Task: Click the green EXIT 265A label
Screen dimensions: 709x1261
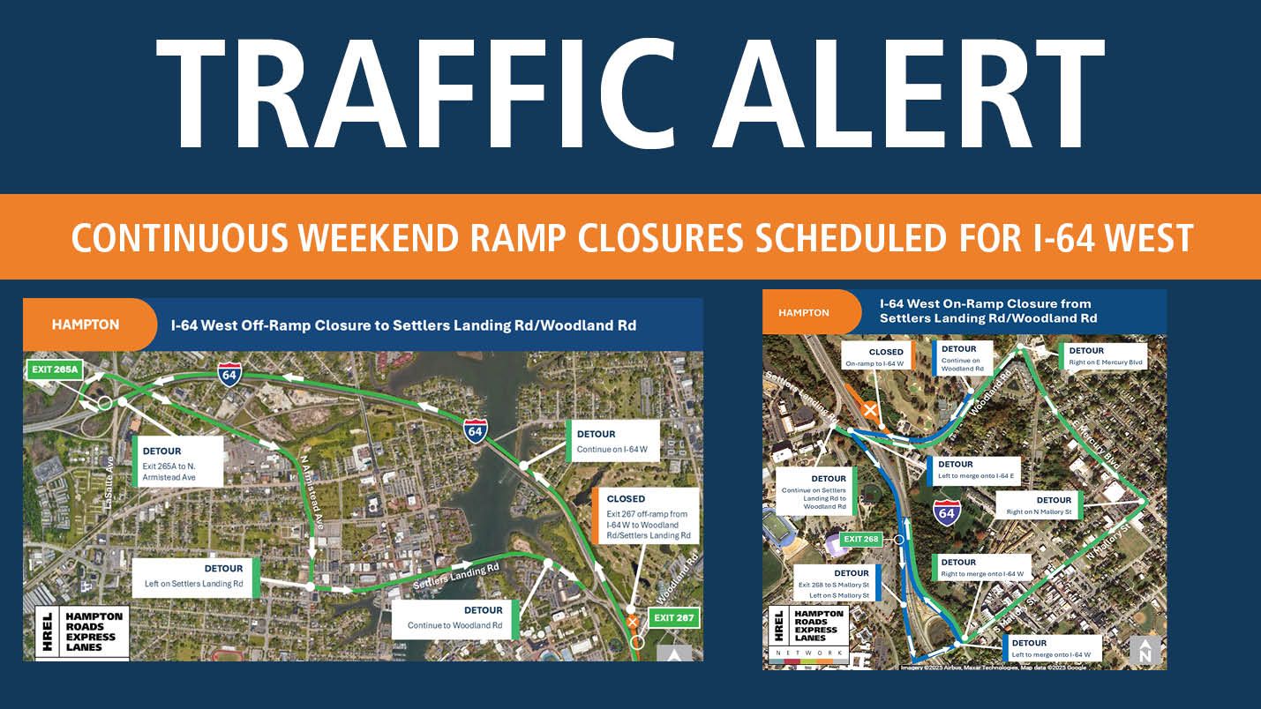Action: pos(54,369)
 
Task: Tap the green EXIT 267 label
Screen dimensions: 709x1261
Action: pos(674,617)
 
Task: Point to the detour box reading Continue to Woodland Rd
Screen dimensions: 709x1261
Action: pos(456,618)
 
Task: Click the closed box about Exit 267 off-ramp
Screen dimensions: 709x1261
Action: pos(648,516)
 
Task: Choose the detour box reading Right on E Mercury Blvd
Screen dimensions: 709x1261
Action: pos(1104,356)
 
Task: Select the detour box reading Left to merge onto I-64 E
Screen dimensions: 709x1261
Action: pos(973,471)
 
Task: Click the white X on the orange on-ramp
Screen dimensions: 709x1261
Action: pos(871,409)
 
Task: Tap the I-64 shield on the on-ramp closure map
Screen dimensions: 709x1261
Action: pos(947,511)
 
